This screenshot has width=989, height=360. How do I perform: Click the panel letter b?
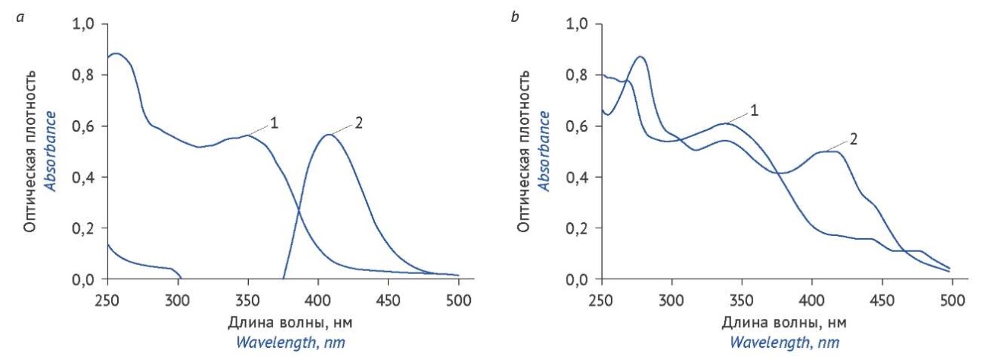515,15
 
